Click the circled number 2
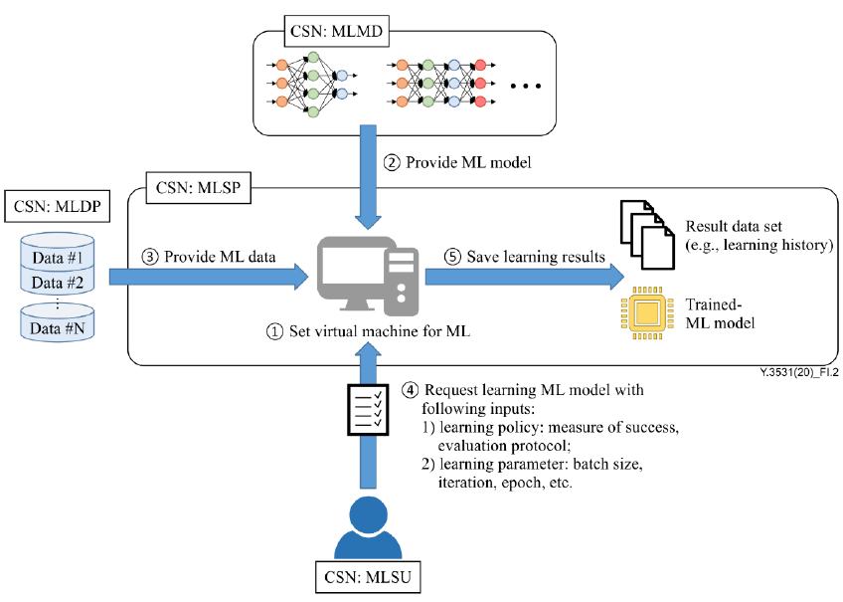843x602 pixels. tap(395, 161)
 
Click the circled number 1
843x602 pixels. tap(274, 333)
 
